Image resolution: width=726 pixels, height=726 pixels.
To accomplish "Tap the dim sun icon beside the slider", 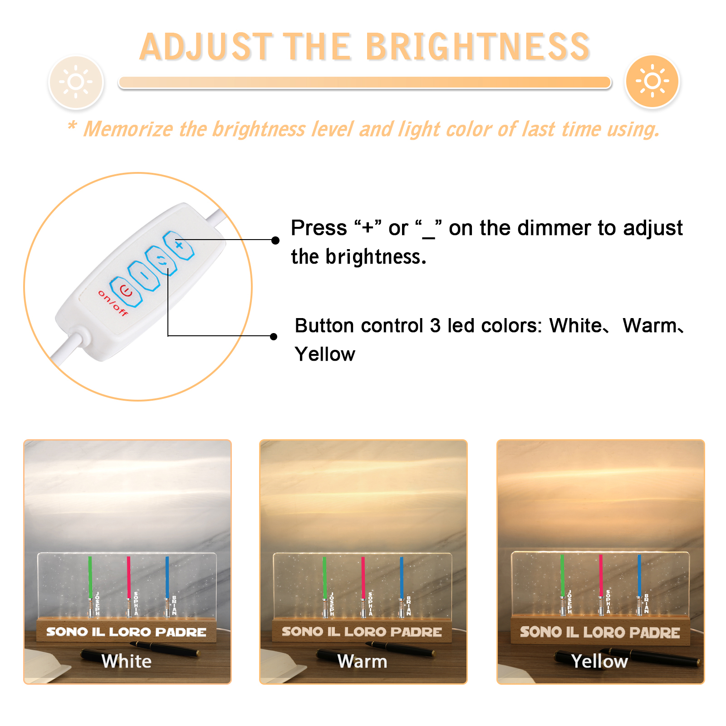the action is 76,82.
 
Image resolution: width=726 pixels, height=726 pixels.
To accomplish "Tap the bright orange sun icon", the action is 652,81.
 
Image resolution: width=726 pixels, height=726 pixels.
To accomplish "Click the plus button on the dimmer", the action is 179,245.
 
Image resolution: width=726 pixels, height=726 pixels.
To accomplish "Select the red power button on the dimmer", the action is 126,291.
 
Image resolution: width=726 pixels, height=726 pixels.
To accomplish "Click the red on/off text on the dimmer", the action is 113,303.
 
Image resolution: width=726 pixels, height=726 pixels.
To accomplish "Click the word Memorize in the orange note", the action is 128,129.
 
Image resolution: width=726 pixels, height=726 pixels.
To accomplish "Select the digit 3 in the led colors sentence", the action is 435,326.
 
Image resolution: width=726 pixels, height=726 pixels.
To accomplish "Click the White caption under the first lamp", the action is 127,661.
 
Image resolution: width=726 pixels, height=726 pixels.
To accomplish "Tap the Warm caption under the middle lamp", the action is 362,662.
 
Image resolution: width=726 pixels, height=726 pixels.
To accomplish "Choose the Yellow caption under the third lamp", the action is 599,662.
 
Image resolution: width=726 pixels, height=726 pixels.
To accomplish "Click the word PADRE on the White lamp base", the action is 181,632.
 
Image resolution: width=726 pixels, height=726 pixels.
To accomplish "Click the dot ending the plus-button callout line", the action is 275,240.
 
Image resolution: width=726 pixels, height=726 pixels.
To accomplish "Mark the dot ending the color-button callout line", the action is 274,336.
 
